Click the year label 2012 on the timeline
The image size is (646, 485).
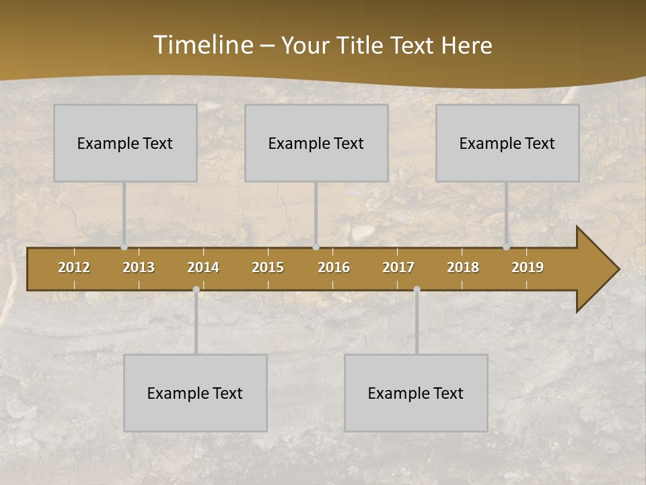point(74,267)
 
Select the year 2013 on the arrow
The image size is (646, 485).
point(139,267)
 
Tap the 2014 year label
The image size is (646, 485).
point(203,267)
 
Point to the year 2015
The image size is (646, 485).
point(268,267)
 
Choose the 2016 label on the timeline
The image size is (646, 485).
point(334,267)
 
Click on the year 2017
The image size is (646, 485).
point(398,267)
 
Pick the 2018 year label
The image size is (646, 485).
point(463,267)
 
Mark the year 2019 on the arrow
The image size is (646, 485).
point(528,267)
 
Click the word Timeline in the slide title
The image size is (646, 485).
point(202,45)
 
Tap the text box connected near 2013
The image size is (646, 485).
point(125,143)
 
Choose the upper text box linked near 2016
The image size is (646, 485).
point(316,143)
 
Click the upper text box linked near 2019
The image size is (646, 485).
point(507,143)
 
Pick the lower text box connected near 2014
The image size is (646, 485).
point(195,393)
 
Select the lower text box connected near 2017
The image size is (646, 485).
point(416,393)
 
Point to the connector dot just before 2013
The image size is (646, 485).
point(124,247)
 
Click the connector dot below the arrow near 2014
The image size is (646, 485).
point(196,289)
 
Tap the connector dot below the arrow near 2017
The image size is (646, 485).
point(417,289)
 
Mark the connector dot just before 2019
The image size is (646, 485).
point(507,247)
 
